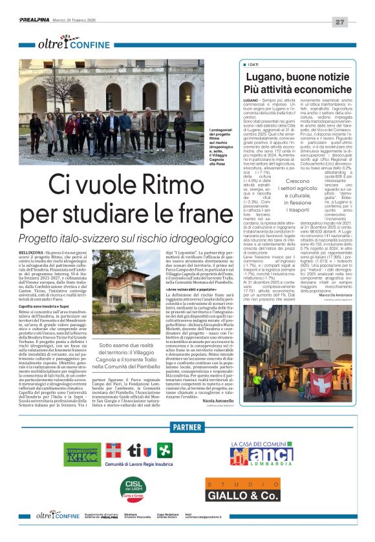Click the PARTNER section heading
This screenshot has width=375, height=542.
(x=187, y=427)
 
